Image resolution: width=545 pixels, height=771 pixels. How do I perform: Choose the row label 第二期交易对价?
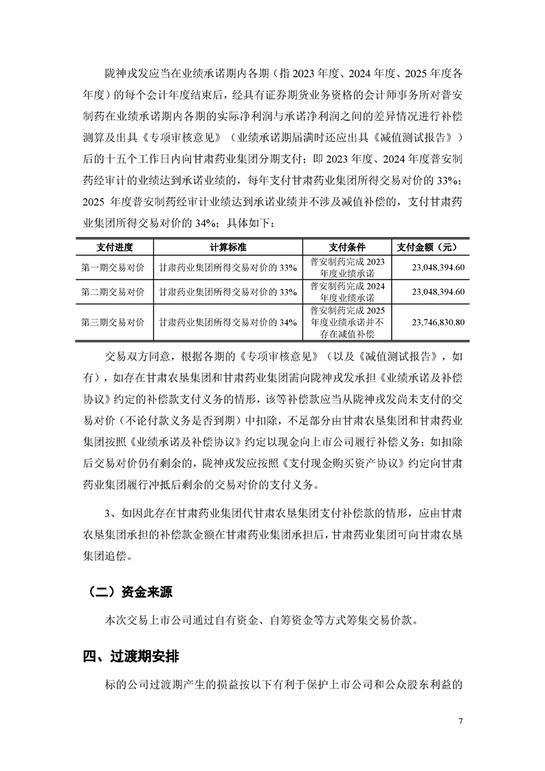click(x=113, y=292)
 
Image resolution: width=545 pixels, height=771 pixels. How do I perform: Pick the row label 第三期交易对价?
click(x=113, y=322)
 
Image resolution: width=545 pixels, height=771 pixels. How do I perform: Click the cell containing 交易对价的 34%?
click(x=227, y=322)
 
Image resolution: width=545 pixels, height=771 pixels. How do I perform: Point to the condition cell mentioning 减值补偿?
click(x=347, y=322)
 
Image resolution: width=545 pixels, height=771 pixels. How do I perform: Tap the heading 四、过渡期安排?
click(x=131, y=656)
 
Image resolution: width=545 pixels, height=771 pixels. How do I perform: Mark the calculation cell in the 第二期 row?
click(x=227, y=292)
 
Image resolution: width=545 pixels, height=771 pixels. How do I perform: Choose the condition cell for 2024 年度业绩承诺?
click(x=347, y=292)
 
